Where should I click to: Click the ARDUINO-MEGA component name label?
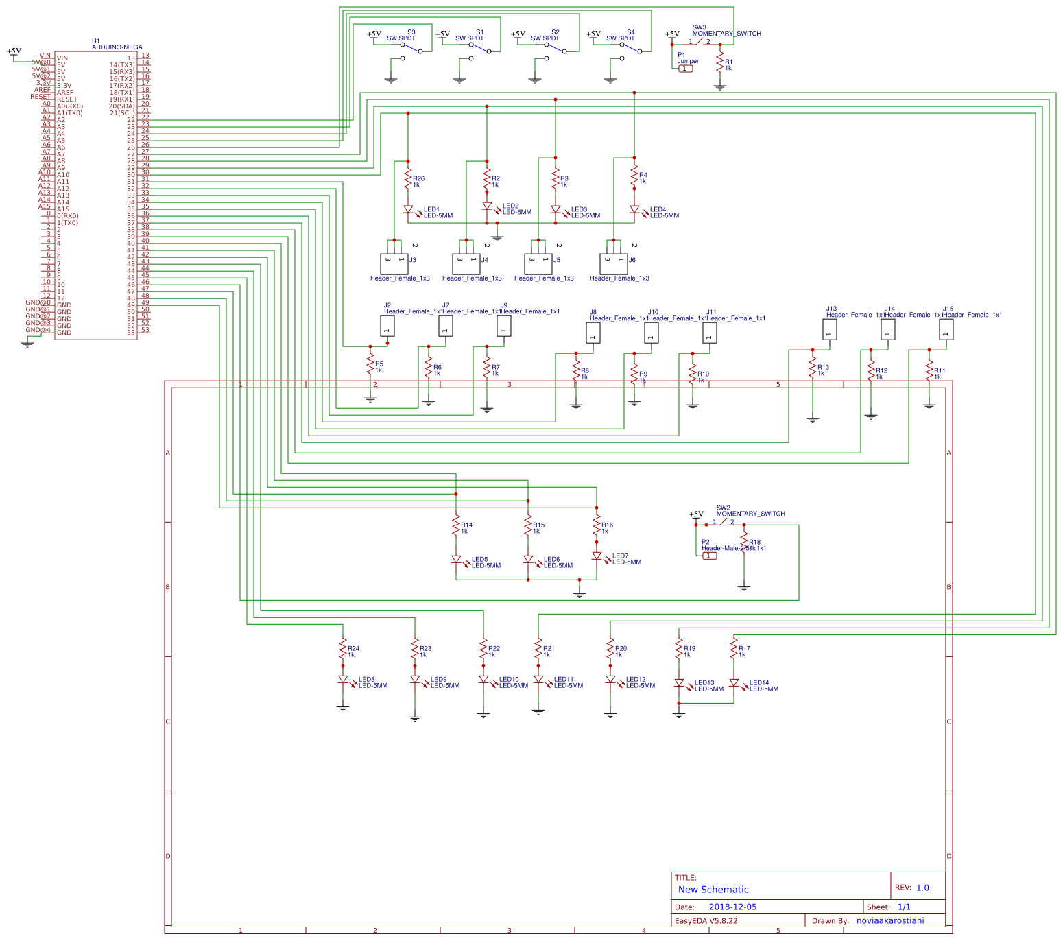coord(117,47)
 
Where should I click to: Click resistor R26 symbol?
coord(408,180)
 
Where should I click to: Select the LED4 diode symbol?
coord(634,210)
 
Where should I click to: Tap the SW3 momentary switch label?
coord(726,33)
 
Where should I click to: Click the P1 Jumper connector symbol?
coord(685,69)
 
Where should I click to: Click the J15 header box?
coord(946,330)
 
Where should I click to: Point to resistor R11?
coord(929,372)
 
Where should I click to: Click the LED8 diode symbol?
coord(343,680)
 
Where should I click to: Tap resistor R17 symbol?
coord(734,650)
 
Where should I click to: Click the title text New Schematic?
coord(713,890)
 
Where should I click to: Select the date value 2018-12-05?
coord(732,907)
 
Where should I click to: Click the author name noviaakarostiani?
coord(890,920)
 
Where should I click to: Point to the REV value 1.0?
coord(922,888)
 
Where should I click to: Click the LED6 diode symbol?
coord(528,560)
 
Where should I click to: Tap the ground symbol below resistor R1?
coord(719,86)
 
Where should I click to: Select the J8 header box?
coord(593,333)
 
